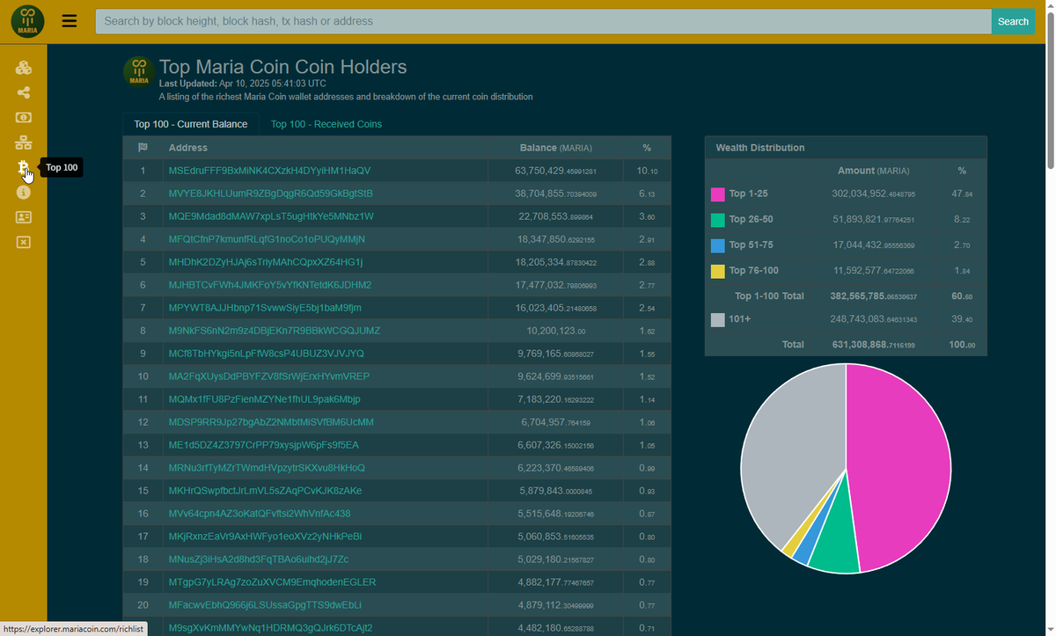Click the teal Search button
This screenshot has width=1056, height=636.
[x=1013, y=21]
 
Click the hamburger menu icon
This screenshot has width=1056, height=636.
[x=70, y=21]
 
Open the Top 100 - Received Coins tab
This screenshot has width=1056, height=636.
[x=326, y=124]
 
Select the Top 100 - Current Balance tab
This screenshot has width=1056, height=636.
[x=190, y=124]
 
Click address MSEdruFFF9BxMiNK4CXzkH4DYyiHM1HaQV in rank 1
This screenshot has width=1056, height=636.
[x=269, y=171]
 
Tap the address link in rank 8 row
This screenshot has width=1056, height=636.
[x=274, y=331]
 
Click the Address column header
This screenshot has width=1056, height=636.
[x=188, y=148]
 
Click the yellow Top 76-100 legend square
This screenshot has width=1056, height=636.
[x=717, y=271]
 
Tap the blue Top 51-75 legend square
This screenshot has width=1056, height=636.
[x=717, y=245]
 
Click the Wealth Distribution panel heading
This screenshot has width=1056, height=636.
[x=759, y=148]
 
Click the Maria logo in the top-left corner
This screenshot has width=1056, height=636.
[x=27, y=21]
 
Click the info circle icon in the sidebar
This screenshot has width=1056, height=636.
[x=24, y=192]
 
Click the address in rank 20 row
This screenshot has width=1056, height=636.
[x=264, y=605]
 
